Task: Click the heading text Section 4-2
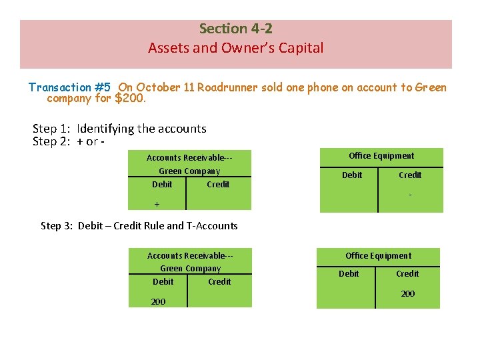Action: [235, 29]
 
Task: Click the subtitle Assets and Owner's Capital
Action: [235, 48]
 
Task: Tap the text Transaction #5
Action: [69, 87]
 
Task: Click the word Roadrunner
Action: [225, 87]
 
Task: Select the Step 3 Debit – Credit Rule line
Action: [139, 226]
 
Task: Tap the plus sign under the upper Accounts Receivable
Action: [157, 204]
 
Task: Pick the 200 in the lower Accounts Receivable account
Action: [158, 302]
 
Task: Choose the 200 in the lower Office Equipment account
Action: [407, 294]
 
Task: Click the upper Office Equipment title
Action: [381, 156]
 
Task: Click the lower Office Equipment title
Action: [378, 256]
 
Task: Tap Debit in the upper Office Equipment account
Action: [352, 175]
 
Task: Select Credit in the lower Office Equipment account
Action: [407, 274]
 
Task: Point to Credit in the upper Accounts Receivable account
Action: [218, 185]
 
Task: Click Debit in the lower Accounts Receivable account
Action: [163, 282]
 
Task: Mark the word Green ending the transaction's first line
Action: [431, 87]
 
